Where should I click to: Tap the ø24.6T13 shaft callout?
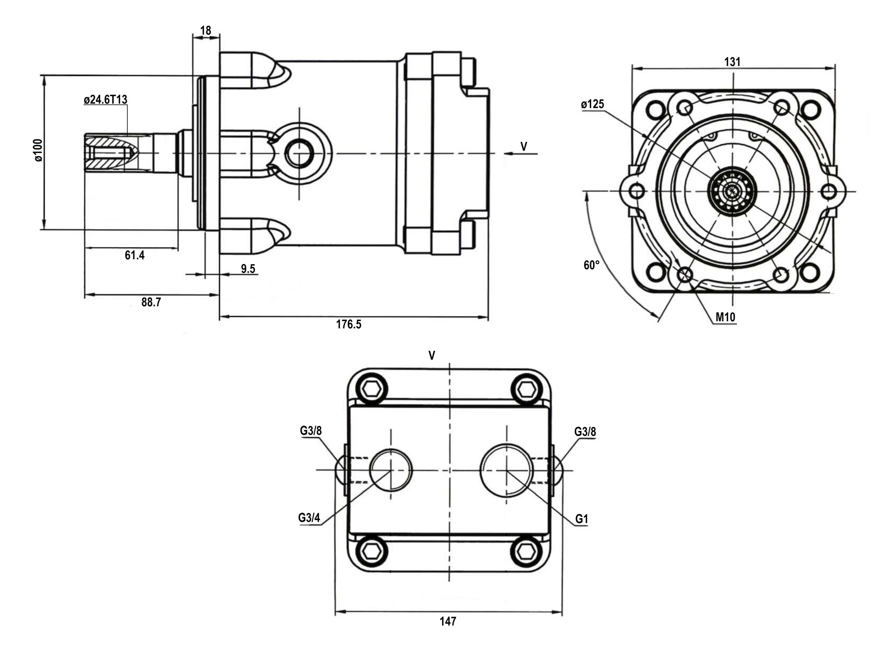click(106, 100)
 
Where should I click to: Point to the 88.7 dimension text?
click(151, 302)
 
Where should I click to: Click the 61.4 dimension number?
click(135, 255)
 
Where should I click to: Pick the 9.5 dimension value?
click(248, 269)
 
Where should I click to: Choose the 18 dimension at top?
click(205, 31)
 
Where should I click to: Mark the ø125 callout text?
click(592, 104)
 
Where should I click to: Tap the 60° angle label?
click(591, 265)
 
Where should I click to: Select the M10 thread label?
click(725, 317)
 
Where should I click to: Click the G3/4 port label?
click(309, 518)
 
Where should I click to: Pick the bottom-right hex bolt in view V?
click(526, 551)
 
